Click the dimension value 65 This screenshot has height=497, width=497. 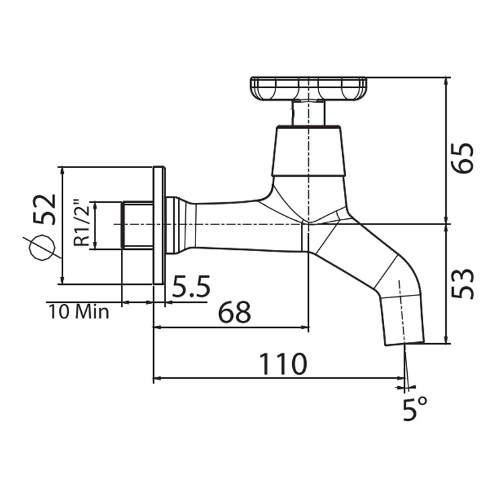[463, 158]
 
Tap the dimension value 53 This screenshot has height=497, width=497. [463, 284]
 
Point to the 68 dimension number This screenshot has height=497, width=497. [234, 312]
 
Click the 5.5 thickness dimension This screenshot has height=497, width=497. [191, 287]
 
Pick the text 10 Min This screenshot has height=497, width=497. [79, 312]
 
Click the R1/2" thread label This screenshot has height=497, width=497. [81, 223]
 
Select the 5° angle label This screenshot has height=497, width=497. [414, 408]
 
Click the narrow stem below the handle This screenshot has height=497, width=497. [308, 112]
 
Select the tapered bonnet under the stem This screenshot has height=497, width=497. [308, 152]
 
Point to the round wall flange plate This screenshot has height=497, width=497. [159, 225]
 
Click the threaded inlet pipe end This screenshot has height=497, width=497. [138, 224]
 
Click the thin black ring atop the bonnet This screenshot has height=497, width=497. [308, 126]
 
